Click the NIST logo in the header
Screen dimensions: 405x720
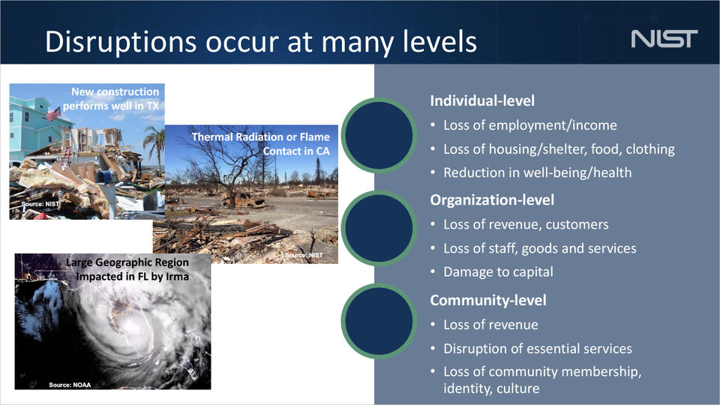664,38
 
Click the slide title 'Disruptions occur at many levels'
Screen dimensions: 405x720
260,41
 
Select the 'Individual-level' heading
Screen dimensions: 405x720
482,100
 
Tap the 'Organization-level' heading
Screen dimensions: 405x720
492,199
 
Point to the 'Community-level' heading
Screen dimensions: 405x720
487,300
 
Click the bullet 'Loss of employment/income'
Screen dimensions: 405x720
530,125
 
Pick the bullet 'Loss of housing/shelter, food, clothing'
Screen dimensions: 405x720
559,148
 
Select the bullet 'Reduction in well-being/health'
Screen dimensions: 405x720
537,172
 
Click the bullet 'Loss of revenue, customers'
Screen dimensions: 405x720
526,224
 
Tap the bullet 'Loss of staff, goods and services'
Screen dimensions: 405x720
539,248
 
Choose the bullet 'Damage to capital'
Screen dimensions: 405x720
498,271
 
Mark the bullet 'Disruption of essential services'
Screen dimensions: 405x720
537,349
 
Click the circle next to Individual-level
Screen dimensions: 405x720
378,133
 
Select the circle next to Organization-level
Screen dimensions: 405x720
378,226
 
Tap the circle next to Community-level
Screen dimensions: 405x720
378,325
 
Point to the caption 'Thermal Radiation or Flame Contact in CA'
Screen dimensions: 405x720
260,143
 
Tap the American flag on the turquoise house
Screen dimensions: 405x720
52,113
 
